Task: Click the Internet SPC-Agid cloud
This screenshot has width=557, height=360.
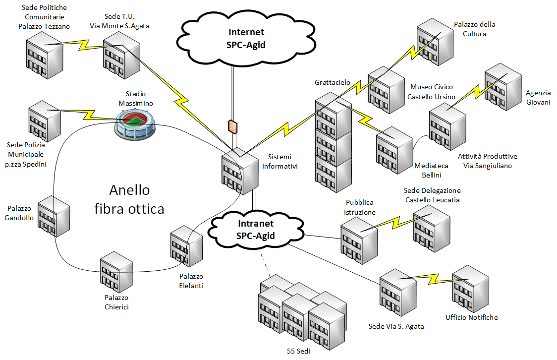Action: tap(246, 38)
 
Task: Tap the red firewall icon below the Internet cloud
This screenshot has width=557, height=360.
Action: tap(232, 126)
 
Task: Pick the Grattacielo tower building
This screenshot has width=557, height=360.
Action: tap(333, 141)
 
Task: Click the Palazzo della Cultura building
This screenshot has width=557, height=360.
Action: tap(435, 43)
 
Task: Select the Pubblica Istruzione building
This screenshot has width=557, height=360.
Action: tap(359, 237)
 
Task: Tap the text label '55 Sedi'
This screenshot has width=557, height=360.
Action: tap(298, 352)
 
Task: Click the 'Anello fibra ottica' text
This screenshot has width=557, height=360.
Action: tap(129, 199)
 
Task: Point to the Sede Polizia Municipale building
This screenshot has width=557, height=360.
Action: tap(45, 120)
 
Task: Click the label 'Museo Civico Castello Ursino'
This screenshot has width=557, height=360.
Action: tap(431, 92)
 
